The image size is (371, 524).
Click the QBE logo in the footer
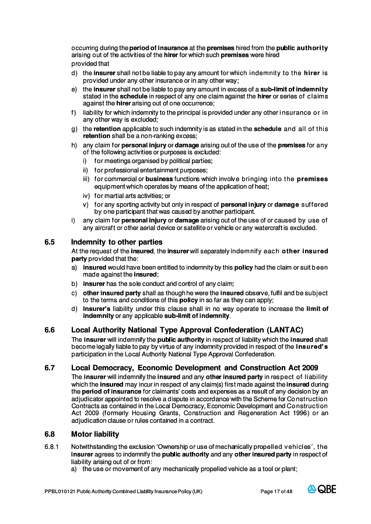[322, 490]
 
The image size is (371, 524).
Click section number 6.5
[50, 242]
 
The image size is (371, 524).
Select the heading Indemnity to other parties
[117, 242]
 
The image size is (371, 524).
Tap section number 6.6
[50, 330]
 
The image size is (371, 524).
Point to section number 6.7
[50, 367]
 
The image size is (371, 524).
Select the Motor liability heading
[95, 434]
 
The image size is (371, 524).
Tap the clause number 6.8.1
[52, 447]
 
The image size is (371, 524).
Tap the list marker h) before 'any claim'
[73, 144]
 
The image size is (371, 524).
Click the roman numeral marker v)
[85, 204]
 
